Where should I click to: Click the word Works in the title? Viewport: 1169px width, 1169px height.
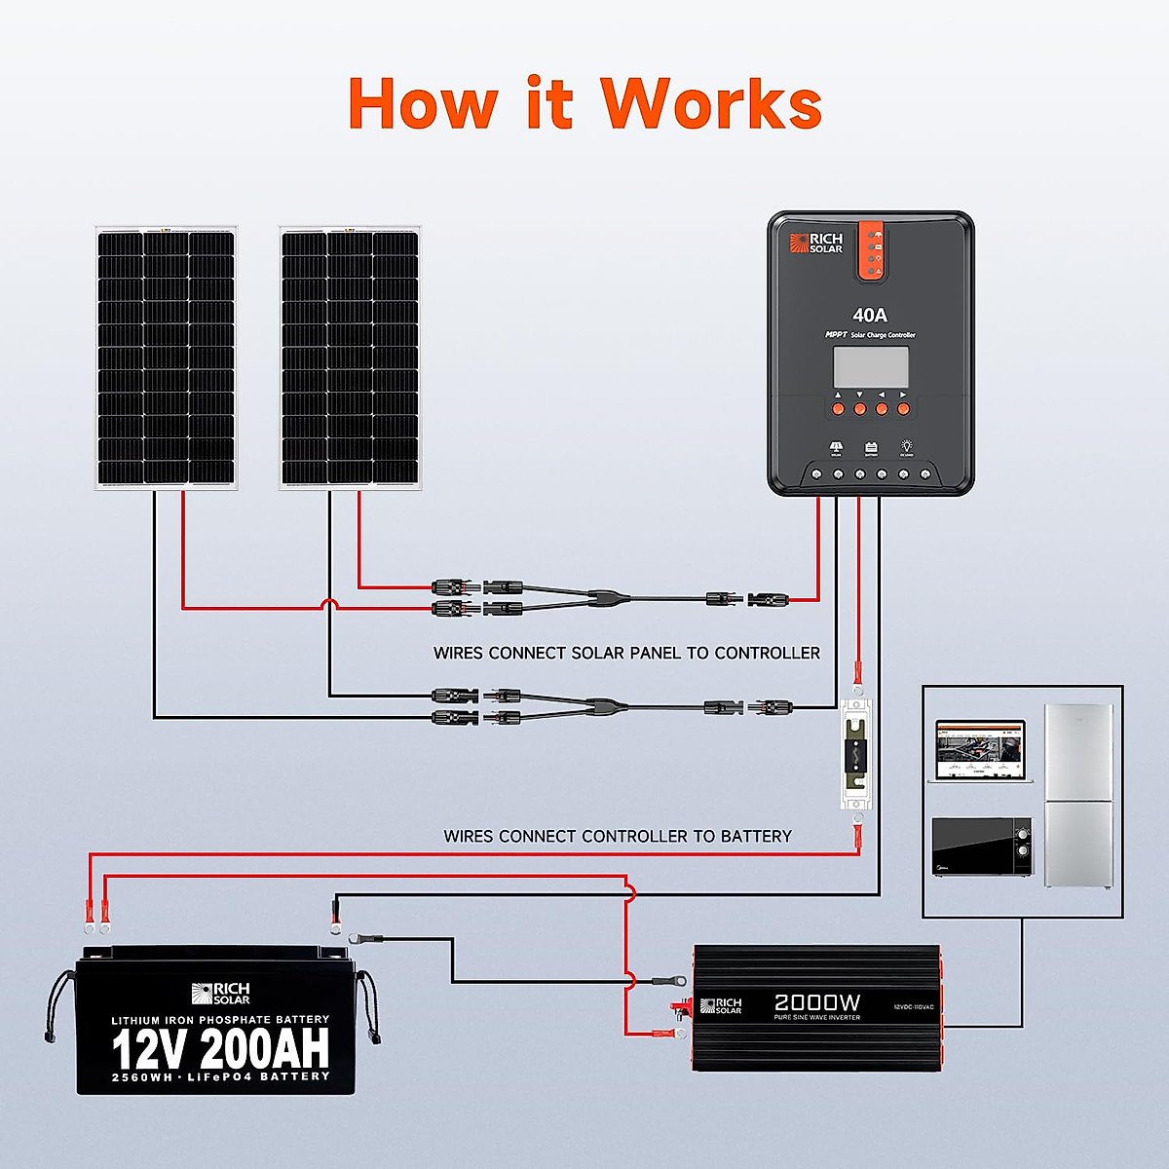710,103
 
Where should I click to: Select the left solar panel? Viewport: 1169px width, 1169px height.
166,357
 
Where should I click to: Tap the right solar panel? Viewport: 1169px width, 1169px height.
350,357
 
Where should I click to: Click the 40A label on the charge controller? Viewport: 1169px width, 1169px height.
870,315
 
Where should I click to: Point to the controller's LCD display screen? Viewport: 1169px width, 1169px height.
870,366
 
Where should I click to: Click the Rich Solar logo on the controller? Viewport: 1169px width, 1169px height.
816,244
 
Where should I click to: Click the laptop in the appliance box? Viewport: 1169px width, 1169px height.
980,750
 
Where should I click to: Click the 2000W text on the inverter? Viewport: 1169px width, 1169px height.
816,1002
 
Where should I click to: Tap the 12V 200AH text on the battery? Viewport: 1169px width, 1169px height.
220,1048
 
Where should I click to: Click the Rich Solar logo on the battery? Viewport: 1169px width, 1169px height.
220,994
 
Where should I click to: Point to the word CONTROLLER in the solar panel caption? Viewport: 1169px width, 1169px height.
767,653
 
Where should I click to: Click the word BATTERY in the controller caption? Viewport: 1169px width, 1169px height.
755,836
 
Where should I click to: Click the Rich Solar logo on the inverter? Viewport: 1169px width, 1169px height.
722,1005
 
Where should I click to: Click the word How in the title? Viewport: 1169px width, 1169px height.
422,103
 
